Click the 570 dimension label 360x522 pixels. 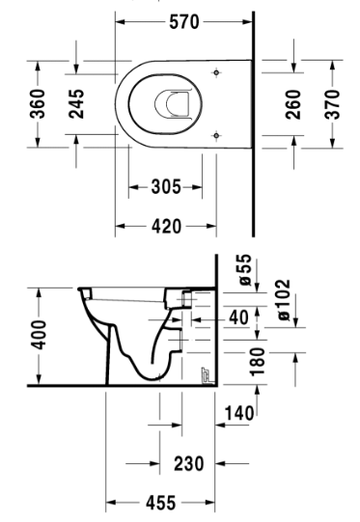click(x=184, y=22)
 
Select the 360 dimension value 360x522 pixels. click(x=38, y=104)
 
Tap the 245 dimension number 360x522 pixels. click(x=76, y=104)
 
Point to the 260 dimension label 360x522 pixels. click(x=293, y=104)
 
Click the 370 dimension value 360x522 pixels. click(x=332, y=104)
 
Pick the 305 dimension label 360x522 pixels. click(x=167, y=187)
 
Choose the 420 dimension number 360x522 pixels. click(x=167, y=227)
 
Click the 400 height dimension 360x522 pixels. click(x=39, y=335)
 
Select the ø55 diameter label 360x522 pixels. click(x=245, y=269)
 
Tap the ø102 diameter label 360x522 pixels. click(x=285, y=300)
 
